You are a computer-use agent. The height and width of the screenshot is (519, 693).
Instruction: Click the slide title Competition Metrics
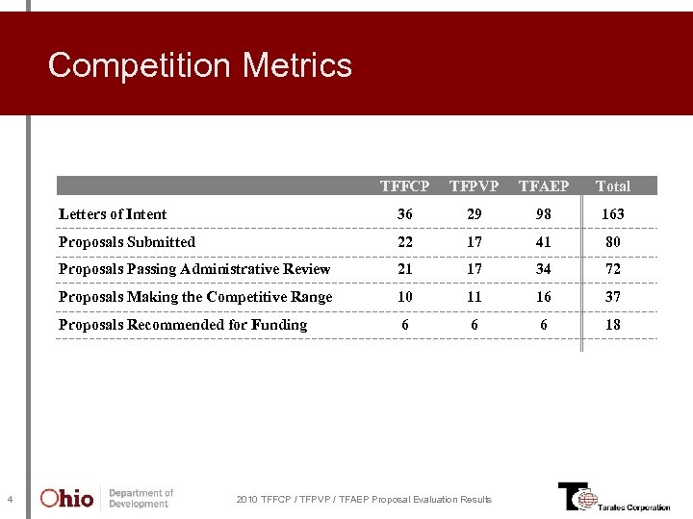(200, 65)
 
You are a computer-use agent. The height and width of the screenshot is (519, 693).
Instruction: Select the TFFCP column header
(404, 185)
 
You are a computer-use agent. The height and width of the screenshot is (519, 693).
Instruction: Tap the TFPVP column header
(474, 185)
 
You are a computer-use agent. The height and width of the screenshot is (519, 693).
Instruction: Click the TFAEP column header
(544, 185)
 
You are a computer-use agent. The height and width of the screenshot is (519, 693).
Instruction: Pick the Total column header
(613, 185)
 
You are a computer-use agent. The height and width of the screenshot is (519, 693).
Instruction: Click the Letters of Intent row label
(113, 214)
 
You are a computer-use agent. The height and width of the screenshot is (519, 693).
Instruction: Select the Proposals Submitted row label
(127, 242)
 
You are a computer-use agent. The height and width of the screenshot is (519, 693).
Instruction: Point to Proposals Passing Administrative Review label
(194, 269)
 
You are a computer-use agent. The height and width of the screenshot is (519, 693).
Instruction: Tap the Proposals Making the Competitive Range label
(195, 297)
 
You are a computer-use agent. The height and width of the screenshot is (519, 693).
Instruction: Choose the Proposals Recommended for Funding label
(183, 325)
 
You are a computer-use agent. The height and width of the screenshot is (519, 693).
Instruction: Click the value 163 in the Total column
(613, 214)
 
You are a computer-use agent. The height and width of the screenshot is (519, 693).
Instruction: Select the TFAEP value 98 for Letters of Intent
(544, 214)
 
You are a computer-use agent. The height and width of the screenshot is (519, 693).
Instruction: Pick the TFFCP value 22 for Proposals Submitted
(404, 242)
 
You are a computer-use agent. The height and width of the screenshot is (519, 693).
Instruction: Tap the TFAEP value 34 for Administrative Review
(544, 269)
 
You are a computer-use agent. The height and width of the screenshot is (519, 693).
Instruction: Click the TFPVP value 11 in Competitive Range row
(474, 297)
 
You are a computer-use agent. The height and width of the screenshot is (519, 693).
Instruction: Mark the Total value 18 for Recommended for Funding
(613, 325)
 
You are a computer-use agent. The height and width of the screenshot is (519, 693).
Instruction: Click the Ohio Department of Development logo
(106, 498)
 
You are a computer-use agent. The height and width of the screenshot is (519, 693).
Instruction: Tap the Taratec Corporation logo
(613, 497)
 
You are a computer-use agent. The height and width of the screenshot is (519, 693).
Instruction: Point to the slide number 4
(9, 499)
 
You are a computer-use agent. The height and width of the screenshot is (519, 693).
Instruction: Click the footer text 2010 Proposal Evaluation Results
(364, 499)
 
